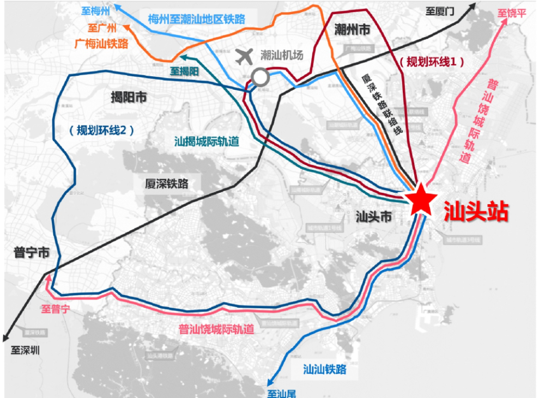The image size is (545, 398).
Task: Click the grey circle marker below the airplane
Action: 261,77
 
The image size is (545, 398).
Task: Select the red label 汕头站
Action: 476,211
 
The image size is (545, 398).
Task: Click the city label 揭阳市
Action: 129,97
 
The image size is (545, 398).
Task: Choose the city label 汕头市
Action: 373,217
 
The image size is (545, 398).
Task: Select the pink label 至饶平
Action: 512,13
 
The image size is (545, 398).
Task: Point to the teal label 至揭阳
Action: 185,71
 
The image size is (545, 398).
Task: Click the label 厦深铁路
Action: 167,184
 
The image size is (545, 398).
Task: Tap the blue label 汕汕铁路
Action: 325,370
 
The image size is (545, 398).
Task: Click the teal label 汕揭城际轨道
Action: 207,142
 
